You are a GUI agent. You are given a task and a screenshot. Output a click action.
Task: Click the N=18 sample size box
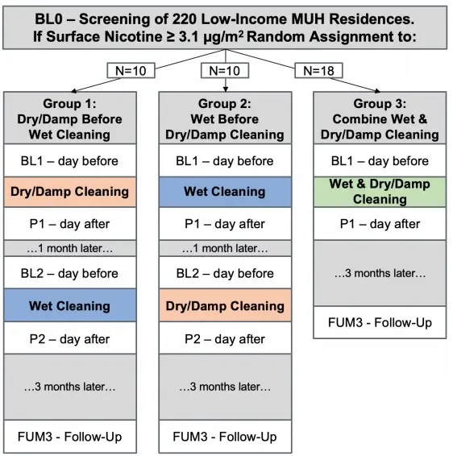(318, 71)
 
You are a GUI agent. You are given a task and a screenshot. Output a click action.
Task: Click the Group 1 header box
(70, 118)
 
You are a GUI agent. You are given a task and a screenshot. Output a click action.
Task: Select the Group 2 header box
(225, 118)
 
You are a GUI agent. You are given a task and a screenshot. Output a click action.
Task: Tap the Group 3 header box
(380, 118)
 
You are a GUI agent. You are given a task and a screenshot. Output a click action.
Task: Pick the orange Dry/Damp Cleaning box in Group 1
(70, 192)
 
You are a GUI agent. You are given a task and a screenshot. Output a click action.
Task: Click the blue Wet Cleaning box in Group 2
(225, 192)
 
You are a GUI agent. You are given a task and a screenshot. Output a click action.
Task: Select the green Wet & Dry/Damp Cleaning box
(380, 192)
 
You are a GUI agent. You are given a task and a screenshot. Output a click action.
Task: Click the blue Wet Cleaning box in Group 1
(70, 305)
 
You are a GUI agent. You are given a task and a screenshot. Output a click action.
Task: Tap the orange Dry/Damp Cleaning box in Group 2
(225, 305)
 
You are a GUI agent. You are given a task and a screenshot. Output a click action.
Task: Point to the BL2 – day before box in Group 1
(70, 273)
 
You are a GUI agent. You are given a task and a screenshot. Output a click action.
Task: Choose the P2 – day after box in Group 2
(225, 338)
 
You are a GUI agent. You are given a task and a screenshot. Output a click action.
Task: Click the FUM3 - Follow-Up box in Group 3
(380, 322)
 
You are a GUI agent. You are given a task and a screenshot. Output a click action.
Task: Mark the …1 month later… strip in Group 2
(225, 248)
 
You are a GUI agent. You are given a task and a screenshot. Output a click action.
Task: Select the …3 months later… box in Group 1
(70, 387)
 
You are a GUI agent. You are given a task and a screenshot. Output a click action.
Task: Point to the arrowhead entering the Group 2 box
(226, 89)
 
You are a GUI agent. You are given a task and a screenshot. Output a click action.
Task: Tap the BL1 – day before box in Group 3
(380, 160)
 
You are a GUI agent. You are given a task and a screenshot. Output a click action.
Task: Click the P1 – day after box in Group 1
(70, 224)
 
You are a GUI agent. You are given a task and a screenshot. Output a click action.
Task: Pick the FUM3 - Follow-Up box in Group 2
(225, 437)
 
